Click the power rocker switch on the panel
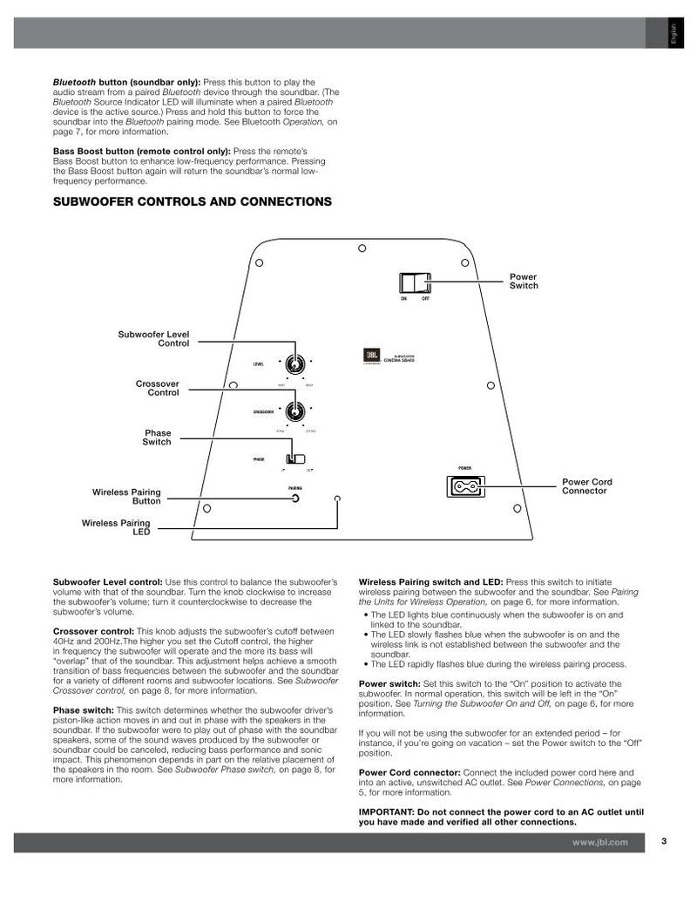[x=415, y=283]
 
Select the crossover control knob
[x=295, y=412]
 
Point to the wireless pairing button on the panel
[x=296, y=499]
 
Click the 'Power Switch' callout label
[x=524, y=282]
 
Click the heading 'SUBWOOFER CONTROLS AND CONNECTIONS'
[x=193, y=201]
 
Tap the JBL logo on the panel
[x=370, y=355]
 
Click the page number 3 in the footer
[x=664, y=842]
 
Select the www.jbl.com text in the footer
[x=599, y=843]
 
